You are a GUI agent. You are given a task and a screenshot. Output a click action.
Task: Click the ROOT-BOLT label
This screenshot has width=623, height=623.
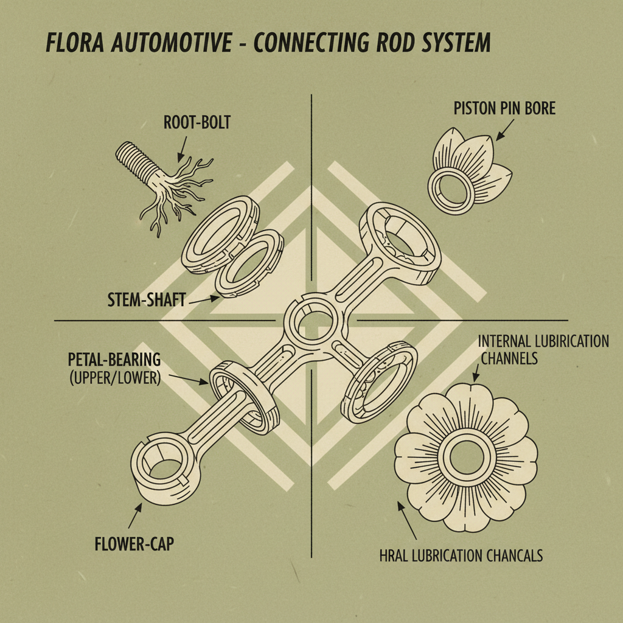coord(197,122)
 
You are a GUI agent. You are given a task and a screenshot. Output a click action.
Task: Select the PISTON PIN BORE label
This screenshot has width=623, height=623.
coord(504,108)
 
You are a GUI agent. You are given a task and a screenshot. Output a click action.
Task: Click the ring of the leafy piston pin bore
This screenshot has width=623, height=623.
coord(451,187)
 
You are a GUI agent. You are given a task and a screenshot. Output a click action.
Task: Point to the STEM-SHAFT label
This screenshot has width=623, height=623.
coord(146,299)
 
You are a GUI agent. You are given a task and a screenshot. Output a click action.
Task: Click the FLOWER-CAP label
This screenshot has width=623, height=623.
coord(134,543)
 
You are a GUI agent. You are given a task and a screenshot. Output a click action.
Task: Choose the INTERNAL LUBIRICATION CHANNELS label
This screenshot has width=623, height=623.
coord(543,349)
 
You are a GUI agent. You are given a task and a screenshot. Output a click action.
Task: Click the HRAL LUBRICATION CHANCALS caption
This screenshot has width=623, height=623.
coord(461,555)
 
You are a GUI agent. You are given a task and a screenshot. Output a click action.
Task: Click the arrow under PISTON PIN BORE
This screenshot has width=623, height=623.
coord(506,129)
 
